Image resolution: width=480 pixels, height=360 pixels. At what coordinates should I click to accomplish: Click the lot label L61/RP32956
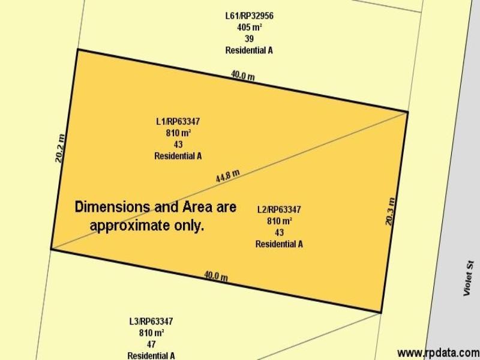pos(249,16)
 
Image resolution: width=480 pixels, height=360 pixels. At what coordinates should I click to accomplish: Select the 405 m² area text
pos(249,28)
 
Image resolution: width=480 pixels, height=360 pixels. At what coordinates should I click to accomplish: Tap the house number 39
pos(249,39)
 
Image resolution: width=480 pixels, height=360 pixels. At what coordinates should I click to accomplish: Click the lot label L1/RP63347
pos(178,121)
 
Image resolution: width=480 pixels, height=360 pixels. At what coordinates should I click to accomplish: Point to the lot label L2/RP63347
pos(279,209)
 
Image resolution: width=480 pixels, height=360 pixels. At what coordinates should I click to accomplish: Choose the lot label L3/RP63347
pos(151,321)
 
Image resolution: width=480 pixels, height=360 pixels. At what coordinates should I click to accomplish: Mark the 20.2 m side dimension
pos(59,149)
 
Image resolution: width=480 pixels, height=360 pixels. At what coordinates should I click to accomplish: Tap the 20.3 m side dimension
pos(390,211)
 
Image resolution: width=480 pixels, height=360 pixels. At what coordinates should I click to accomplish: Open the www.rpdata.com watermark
pos(438,352)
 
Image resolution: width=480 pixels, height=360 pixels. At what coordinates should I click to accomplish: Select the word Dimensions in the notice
pos(112,207)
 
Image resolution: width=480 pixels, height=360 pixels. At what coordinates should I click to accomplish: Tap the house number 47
pos(151,344)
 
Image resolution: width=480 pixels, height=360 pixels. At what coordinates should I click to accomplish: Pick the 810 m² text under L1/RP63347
pos(178,133)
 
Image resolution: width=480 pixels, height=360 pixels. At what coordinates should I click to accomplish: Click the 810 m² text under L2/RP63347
pos(279,221)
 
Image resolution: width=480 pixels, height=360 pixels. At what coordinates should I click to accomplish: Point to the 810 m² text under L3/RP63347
pos(151,332)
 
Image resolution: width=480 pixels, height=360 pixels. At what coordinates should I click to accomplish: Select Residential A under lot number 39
pos(249,50)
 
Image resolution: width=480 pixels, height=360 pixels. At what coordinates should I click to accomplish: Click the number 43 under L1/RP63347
pos(178,144)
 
